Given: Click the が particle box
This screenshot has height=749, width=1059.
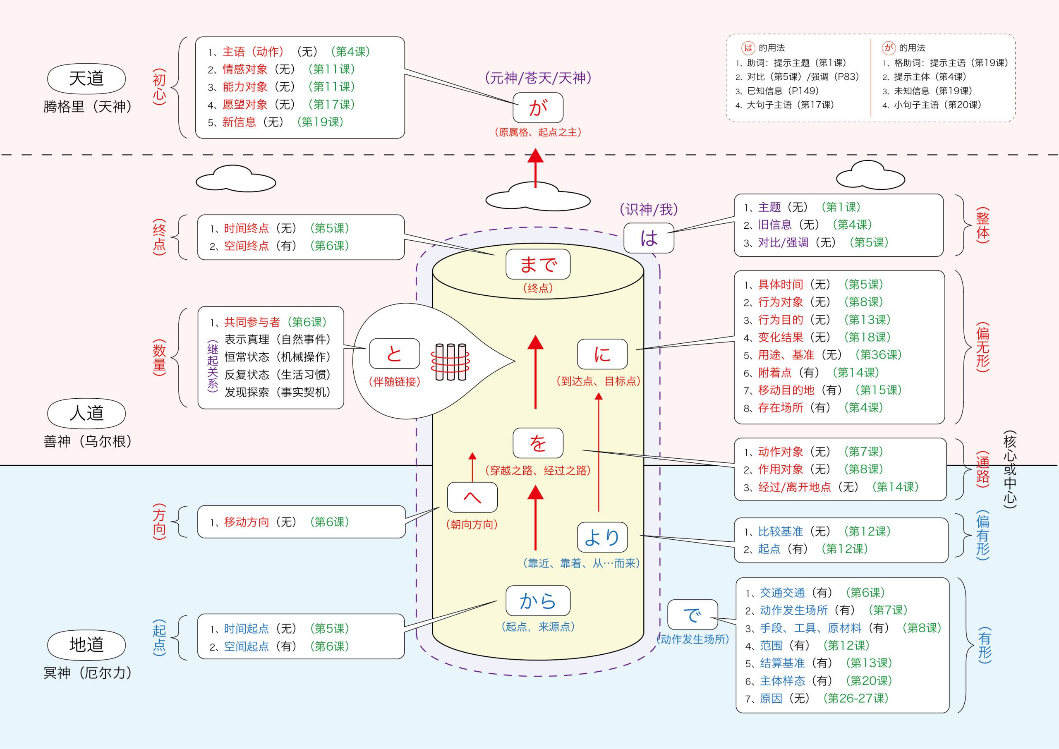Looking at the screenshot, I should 538,107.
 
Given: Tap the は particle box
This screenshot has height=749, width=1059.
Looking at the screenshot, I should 649,238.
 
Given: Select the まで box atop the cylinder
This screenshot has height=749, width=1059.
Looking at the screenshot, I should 538,264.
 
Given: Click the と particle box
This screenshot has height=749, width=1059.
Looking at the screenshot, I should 394,354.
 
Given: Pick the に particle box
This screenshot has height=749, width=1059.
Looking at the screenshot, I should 602,354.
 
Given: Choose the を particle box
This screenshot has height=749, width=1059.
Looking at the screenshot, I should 538,443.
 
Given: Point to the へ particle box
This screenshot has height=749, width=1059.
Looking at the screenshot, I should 472,497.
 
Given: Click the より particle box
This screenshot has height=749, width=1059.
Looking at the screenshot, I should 602,537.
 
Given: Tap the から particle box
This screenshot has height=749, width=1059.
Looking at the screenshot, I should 538,601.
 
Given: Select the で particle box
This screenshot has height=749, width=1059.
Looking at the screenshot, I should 692,615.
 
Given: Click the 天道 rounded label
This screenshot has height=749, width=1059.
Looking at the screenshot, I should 86,79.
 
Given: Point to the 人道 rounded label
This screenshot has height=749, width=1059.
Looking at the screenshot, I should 86,413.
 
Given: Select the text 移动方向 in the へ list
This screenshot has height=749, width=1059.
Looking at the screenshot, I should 246,522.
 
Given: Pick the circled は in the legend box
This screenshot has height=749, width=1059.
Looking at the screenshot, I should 748,48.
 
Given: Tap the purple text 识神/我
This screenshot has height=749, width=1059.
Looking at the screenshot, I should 649,210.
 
